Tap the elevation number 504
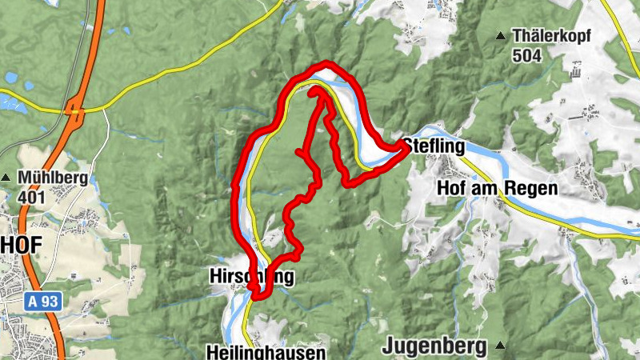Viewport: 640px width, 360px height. coord(528,55)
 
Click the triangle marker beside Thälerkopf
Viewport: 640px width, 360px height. coord(502,35)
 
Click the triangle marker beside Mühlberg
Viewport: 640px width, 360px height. coord(7,178)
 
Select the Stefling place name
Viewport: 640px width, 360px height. coord(434,146)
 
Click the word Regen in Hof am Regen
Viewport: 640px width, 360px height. coord(529,189)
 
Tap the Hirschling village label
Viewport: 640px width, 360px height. coord(250,278)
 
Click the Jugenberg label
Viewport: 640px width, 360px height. coord(434,346)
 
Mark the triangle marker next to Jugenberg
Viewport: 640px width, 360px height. coord(500,346)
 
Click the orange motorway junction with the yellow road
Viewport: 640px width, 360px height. coord(77,110)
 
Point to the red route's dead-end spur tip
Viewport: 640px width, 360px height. coord(298,150)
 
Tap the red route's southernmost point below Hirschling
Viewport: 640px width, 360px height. coord(258,297)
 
